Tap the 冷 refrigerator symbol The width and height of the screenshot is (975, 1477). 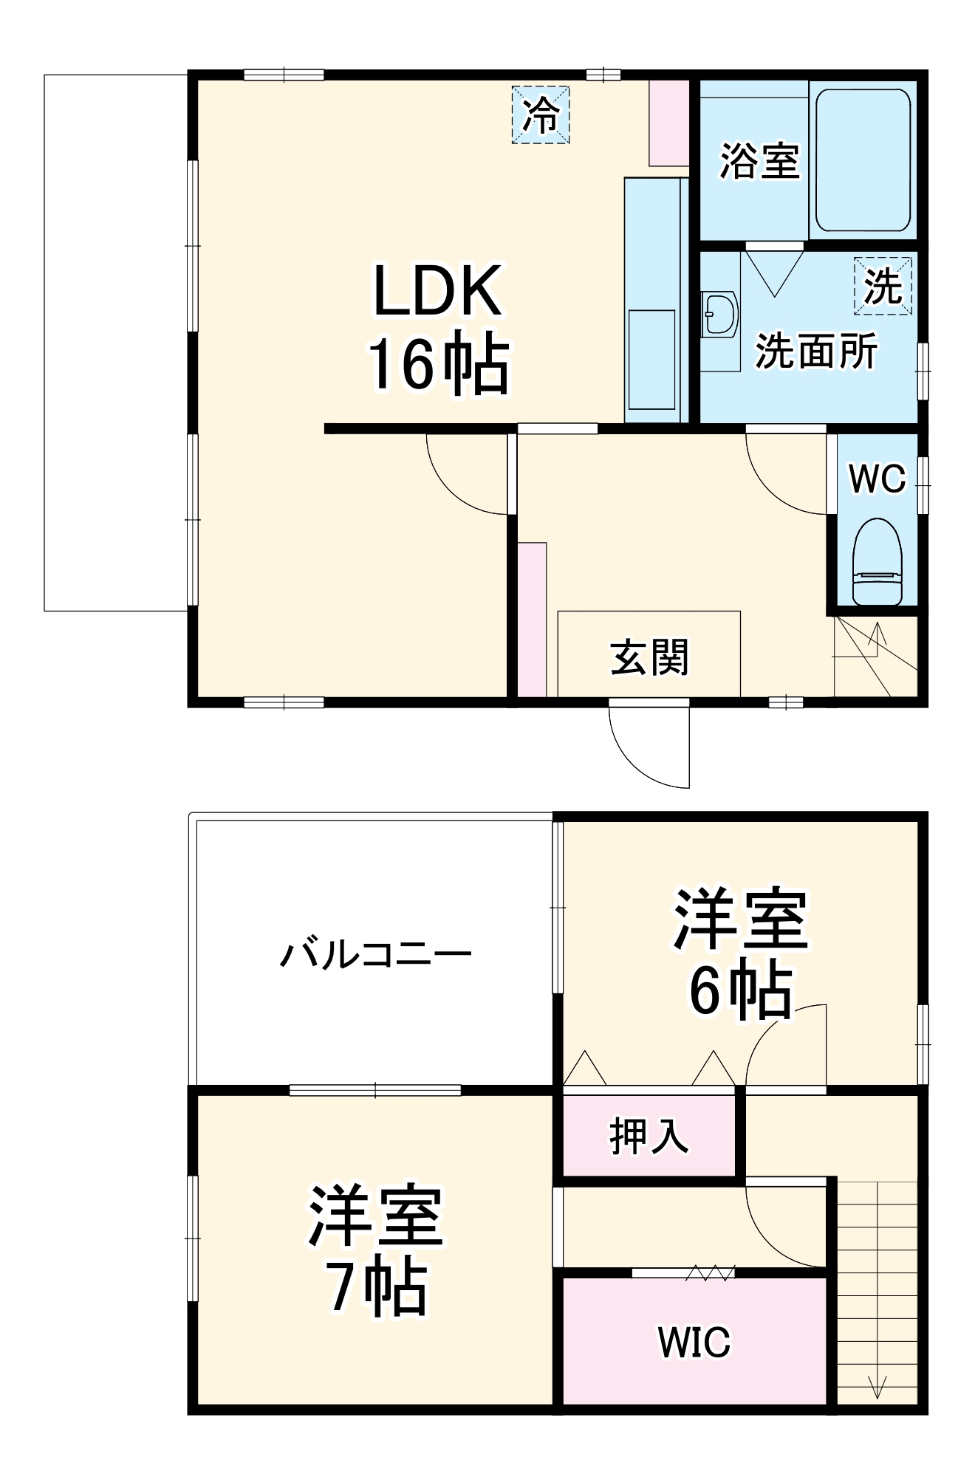(541, 114)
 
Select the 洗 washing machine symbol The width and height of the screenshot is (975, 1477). (883, 286)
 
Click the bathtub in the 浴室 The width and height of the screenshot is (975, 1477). (862, 161)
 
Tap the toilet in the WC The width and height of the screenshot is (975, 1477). (877, 561)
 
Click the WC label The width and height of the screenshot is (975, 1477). (877, 479)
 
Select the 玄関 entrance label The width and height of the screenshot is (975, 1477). (649, 657)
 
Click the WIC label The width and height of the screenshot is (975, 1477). (694, 1343)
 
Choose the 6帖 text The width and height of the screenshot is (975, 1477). (741, 991)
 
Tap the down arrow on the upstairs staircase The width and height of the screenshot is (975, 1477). (877, 1386)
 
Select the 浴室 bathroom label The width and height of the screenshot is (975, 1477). (759, 160)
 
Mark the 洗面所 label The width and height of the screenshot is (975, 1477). (815, 351)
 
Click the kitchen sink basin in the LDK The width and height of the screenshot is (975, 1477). (651, 358)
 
